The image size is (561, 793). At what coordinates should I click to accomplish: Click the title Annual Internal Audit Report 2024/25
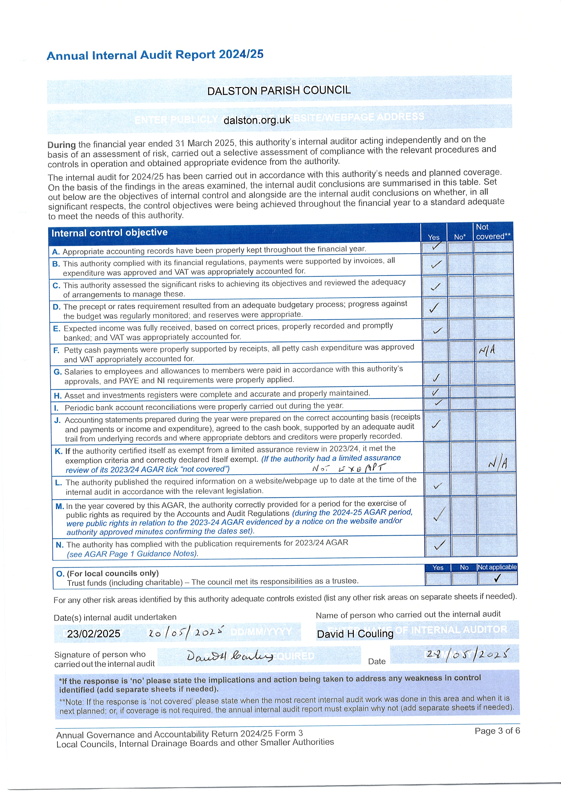pyautogui.click(x=155, y=55)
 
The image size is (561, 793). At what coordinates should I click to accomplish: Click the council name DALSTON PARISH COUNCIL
pyautogui.click(x=279, y=90)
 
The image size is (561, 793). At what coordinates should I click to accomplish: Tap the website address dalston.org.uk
pyautogui.click(x=257, y=120)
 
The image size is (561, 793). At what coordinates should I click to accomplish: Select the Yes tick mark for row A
pyautogui.click(x=436, y=246)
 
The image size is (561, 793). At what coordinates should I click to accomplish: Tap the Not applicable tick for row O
pyautogui.click(x=497, y=578)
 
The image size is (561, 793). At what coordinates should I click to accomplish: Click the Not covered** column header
pyautogui.click(x=493, y=232)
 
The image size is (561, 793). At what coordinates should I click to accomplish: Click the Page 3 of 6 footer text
pyautogui.click(x=497, y=731)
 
